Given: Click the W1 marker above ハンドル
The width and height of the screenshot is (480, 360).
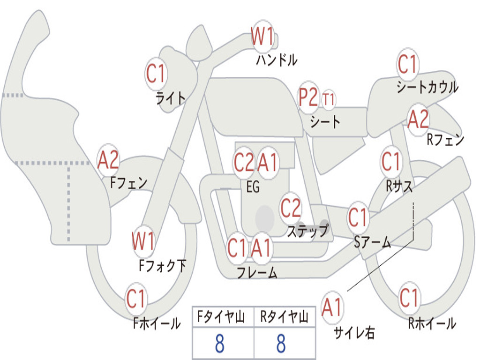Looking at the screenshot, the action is [x=262, y=36].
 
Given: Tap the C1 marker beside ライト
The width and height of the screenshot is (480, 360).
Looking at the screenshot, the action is [x=156, y=74].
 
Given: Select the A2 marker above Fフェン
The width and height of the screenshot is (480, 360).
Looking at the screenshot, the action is [x=108, y=160].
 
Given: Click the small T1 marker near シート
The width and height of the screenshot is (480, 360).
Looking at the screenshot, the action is [x=329, y=99].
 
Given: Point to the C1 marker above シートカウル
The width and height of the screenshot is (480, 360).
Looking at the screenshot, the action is [x=407, y=64].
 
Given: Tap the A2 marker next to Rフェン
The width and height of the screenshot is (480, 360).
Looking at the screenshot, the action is [x=418, y=120].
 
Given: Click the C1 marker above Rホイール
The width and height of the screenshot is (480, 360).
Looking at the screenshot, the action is [x=409, y=298].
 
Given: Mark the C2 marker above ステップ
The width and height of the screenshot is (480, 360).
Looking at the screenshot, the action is [x=291, y=208].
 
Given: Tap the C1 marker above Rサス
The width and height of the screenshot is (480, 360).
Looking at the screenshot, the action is [x=391, y=162].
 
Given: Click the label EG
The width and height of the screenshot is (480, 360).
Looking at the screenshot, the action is [x=253, y=187].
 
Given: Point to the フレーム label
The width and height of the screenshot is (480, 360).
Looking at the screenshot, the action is [x=257, y=272].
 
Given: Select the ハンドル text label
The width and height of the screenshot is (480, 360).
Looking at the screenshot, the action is [x=277, y=60].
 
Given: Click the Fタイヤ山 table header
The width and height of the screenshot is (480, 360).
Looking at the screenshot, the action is [x=223, y=318].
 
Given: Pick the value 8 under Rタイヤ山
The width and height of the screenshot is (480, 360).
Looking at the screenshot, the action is [x=281, y=344].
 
